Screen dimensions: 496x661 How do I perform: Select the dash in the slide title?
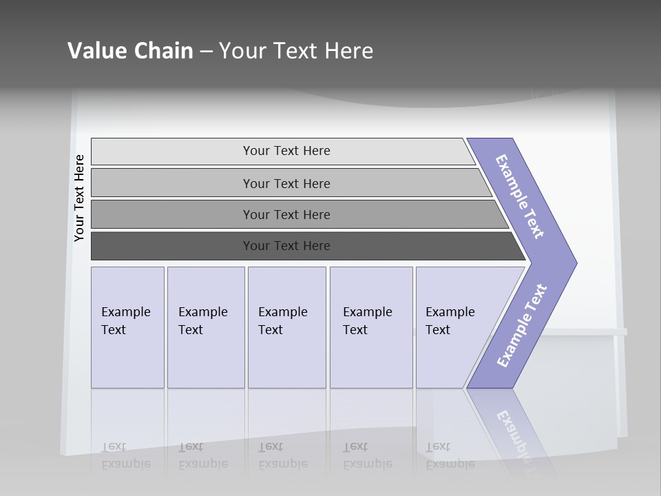pyautogui.click(x=206, y=52)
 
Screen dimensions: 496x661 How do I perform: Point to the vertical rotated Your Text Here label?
pyautogui.click(x=79, y=198)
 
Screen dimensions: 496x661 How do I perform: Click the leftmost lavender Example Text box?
pyautogui.click(x=127, y=327)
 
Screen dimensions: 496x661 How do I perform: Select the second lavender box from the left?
pyautogui.click(x=206, y=327)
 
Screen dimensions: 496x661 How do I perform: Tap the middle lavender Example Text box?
pyautogui.click(x=286, y=327)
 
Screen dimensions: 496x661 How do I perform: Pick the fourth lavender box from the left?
pyautogui.click(x=371, y=327)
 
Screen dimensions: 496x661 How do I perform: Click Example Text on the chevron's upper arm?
pyautogui.click(x=521, y=197)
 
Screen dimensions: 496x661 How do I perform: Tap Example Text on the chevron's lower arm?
pyautogui.click(x=522, y=326)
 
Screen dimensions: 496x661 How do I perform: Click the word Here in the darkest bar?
pyautogui.click(x=316, y=246)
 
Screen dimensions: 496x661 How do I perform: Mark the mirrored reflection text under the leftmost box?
pyautogui.click(x=126, y=455)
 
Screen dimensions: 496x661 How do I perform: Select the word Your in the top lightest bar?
pyautogui.click(x=256, y=151)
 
